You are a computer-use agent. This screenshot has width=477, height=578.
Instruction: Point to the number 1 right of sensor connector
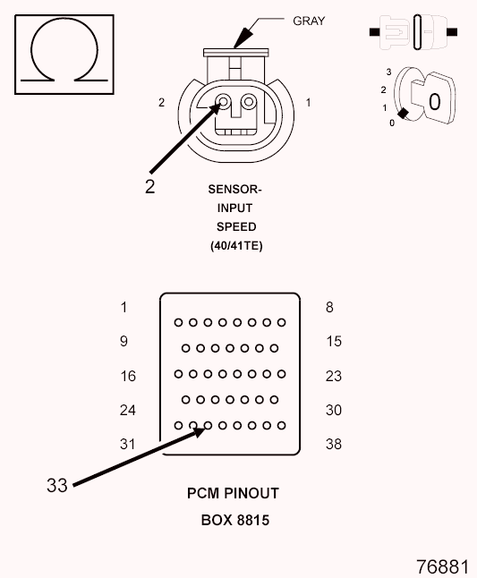coord(308,103)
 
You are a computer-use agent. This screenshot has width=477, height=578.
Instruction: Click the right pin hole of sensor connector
coord(250,103)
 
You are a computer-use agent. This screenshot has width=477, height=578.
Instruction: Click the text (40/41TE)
coord(236,243)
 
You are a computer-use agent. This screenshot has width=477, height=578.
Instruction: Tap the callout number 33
coord(56,486)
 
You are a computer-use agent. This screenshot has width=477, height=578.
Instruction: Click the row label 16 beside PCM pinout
coord(128,376)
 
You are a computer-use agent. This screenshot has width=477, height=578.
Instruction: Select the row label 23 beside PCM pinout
coord(333,376)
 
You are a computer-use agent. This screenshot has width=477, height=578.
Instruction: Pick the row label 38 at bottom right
coord(333,444)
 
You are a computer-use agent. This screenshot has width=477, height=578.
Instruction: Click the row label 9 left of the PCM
coord(124,341)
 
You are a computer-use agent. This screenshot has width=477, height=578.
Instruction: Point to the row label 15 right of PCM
coord(333,341)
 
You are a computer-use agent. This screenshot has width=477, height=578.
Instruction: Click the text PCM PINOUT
coord(233,492)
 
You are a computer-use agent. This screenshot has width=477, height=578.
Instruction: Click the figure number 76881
coord(442,566)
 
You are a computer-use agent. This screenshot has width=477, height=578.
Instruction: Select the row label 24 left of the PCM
coord(128,410)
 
